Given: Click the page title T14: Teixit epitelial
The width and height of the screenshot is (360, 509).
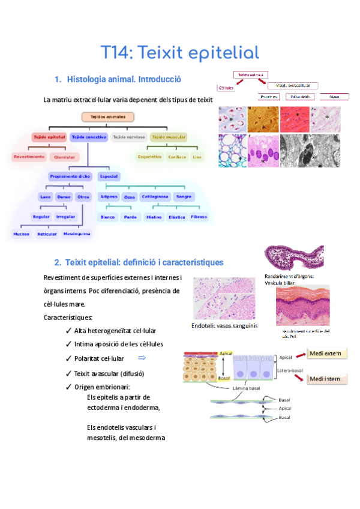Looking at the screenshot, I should (x=179, y=52).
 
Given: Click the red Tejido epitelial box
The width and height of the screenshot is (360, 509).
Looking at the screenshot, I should (x=48, y=137).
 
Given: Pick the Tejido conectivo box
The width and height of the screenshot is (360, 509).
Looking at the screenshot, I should (x=89, y=137).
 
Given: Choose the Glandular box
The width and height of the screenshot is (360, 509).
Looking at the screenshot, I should (x=64, y=157).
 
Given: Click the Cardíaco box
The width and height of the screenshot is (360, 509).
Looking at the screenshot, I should (x=176, y=157).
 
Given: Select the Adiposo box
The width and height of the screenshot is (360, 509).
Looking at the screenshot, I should (x=109, y=196).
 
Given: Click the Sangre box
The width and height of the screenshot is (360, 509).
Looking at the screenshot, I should (x=184, y=196).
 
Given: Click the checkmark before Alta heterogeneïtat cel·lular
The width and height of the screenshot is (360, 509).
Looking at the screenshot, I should (x=69, y=331).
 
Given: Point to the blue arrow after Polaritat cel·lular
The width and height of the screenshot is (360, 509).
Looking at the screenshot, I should (x=142, y=358).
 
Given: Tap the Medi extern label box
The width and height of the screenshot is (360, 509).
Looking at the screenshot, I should (x=326, y=354).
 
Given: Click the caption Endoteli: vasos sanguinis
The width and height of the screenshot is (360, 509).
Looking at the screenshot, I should (x=224, y=325).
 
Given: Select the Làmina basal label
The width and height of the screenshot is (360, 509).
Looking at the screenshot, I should (x=246, y=388).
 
